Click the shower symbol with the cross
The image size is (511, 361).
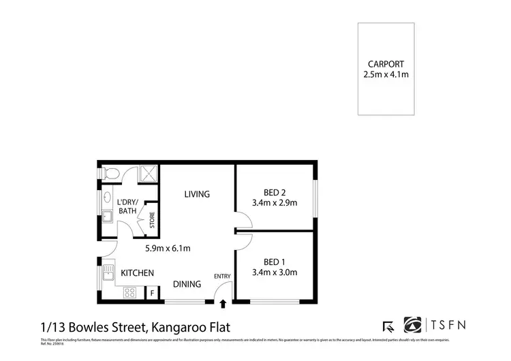148,174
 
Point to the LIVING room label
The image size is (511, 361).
197,194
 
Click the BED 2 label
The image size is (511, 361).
275,192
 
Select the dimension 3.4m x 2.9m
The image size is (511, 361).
275,202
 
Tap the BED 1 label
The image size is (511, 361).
275,262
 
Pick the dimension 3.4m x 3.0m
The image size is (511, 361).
275,272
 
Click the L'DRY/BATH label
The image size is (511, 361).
127,206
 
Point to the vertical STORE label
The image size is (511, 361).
152,221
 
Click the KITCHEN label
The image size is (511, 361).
137,273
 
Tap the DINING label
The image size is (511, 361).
186,285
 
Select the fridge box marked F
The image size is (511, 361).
152,294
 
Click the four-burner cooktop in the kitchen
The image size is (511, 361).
129,293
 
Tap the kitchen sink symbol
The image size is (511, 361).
108,273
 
